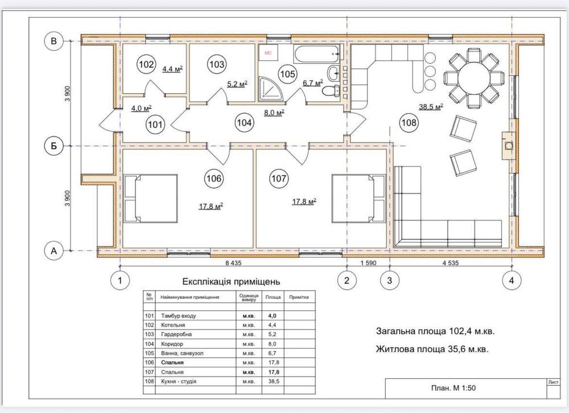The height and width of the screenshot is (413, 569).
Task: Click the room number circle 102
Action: pos(146,65)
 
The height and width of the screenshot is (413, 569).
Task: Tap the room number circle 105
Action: pos(287,74)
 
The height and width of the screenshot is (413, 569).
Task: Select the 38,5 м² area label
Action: pos(431,107)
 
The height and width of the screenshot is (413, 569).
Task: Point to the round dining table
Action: pos(473,78)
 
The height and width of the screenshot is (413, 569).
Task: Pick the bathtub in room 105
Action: pos(317,55)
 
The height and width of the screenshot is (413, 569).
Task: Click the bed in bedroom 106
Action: pos(151,198)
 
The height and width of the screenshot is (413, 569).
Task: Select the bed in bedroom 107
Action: pos(358,198)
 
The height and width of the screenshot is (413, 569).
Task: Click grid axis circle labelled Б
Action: pos(53,146)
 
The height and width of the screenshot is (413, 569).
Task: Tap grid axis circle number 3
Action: pos(390,280)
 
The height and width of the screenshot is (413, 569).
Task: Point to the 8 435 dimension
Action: pos(233,264)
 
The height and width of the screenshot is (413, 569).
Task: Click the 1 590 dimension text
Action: pos(368,264)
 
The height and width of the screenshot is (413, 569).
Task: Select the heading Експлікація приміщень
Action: pos(231,282)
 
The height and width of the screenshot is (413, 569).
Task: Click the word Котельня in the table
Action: pos(173,325)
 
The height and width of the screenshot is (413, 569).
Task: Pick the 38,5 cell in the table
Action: pos(273,381)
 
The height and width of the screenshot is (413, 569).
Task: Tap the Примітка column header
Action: pos(299,297)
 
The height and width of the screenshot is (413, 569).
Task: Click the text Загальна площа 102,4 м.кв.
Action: pos(435,331)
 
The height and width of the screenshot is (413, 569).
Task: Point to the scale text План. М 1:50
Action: pos(453,388)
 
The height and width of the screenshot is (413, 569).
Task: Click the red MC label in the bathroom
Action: pos(268,53)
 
